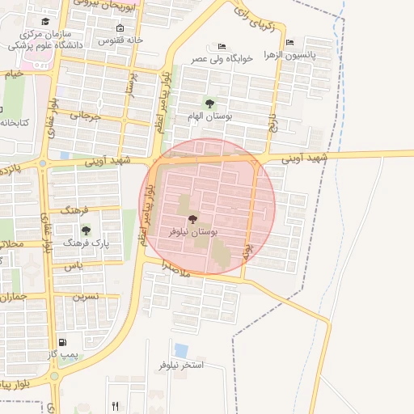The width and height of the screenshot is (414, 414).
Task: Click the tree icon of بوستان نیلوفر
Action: [192, 219]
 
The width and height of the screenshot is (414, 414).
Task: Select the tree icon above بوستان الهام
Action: [210, 103]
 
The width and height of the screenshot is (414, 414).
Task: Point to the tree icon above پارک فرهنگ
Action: [86, 230]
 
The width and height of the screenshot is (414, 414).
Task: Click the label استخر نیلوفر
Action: [178, 365]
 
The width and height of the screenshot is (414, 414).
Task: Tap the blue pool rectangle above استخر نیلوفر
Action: [181, 351]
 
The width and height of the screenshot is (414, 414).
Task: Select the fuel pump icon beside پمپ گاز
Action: [63, 342]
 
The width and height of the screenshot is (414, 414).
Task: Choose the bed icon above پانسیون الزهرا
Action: [290, 42]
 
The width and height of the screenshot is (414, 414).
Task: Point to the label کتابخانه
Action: [14, 122]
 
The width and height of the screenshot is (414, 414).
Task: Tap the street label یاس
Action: [74, 265]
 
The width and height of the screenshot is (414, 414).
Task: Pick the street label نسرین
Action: [86, 297]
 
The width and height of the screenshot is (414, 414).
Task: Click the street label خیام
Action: [14, 74]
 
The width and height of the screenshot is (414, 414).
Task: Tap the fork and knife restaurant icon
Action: [116, 406]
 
